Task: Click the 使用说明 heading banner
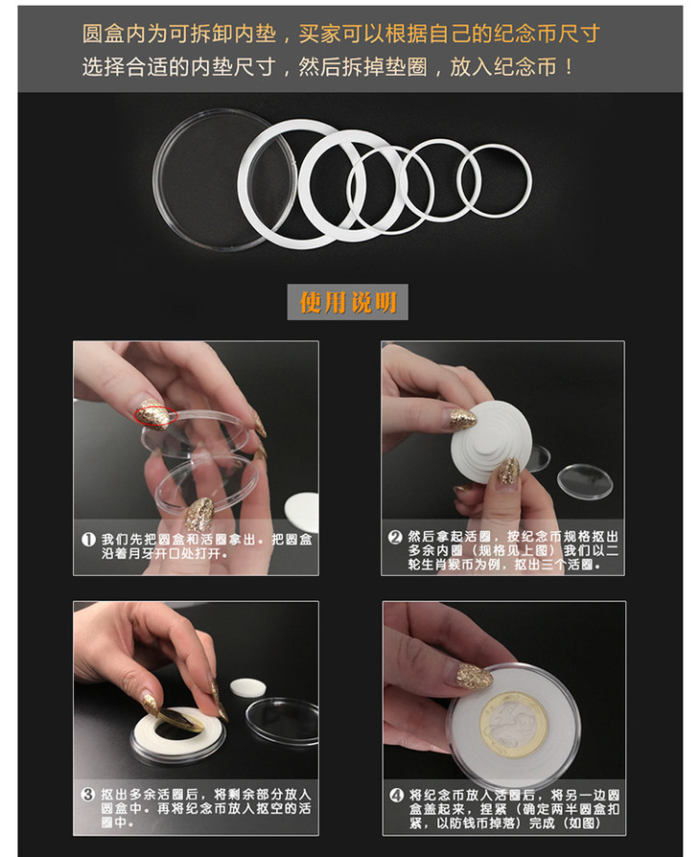(x=348, y=302)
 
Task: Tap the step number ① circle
(x=88, y=540)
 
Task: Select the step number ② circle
(x=395, y=537)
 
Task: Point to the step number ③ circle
(x=88, y=794)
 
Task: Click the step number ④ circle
(x=396, y=796)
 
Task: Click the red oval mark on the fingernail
(x=156, y=415)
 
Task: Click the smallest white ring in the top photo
(x=495, y=148)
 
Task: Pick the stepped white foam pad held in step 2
(x=491, y=443)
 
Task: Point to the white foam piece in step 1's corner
(x=302, y=512)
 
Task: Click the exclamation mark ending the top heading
(x=570, y=68)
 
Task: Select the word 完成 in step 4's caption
(x=543, y=822)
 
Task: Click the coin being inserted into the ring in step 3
(x=180, y=720)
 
